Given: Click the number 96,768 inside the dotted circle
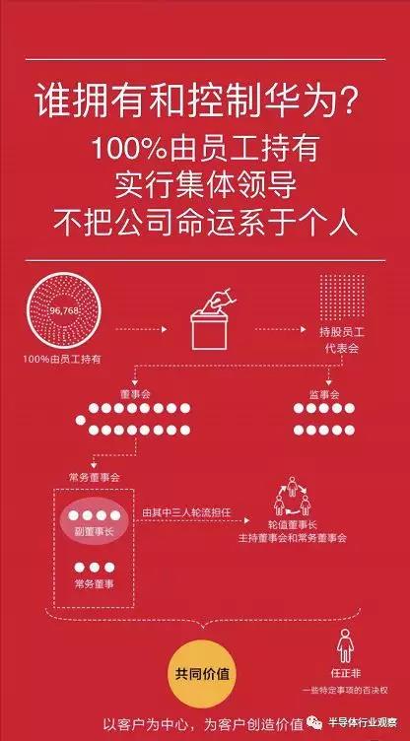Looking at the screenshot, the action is [64, 310].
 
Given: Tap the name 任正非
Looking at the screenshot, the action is [346, 673].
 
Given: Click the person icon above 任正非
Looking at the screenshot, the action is [345, 645].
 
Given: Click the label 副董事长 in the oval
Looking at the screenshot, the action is [94, 531].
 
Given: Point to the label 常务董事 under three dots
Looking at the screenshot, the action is [94, 583].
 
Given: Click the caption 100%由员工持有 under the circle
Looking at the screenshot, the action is [62, 359].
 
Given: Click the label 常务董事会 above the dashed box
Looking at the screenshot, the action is [94, 477].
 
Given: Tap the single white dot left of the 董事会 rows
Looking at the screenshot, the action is [81, 419].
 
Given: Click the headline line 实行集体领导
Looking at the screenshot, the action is [205, 186].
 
